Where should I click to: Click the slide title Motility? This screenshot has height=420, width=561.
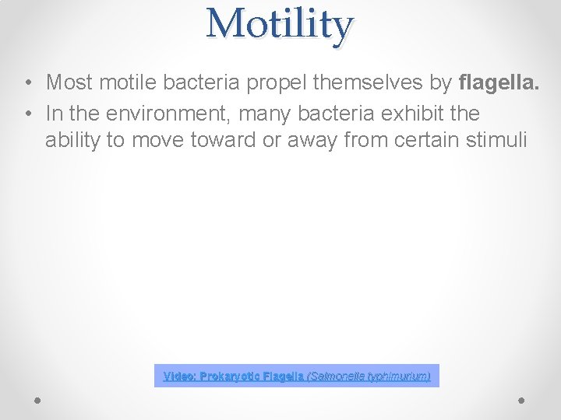[x=280, y=23]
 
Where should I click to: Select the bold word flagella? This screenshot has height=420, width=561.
[x=499, y=82]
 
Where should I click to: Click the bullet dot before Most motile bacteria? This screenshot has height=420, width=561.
[x=27, y=82]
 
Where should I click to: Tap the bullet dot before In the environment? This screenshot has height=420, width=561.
[x=27, y=114]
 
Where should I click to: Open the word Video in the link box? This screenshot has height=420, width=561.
[x=179, y=376]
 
